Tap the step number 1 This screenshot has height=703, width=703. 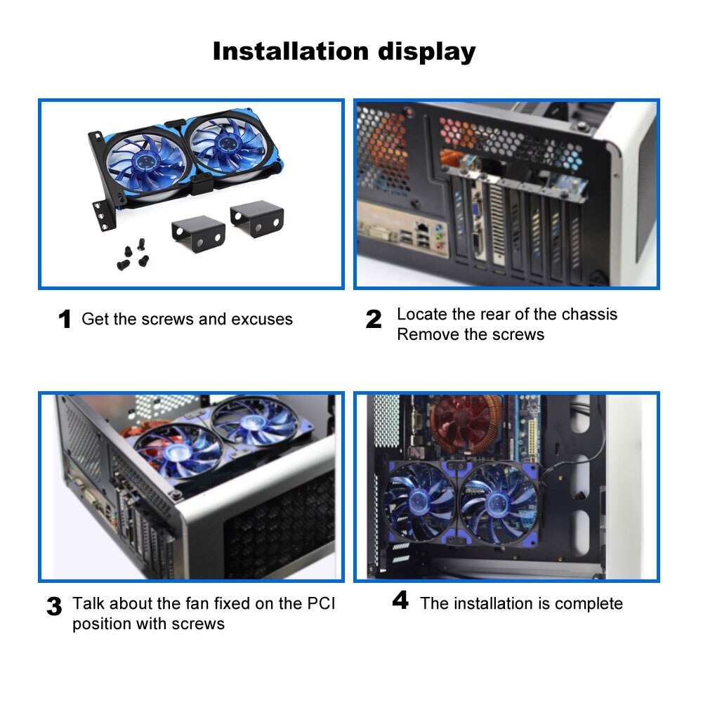pyautogui.click(x=65, y=320)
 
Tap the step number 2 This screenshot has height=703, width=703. pyautogui.click(x=374, y=320)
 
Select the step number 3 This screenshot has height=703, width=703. pyautogui.click(x=54, y=607)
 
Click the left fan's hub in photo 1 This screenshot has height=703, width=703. pyautogui.click(x=143, y=161)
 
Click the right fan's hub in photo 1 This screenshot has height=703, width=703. pyautogui.click(x=226, y=143)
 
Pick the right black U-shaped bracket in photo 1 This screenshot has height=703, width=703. pyautogui.click(x=258, y=217)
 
